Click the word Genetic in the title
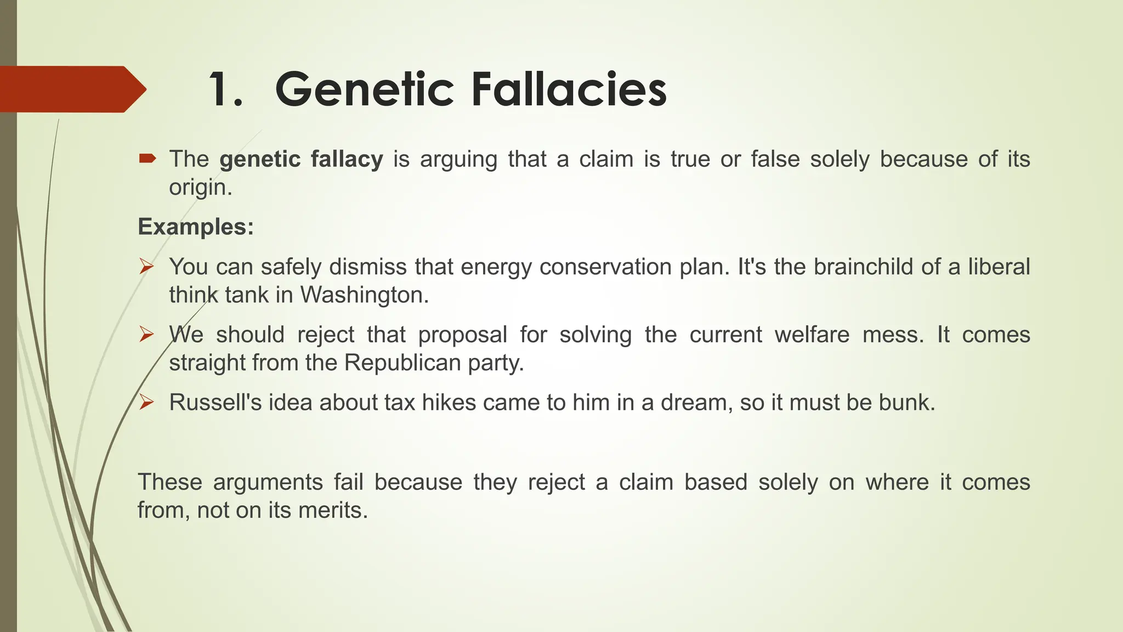point(364,89)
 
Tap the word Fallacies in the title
point(569,89)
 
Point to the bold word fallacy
point(347,159)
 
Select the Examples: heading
point(196,227)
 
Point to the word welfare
point(812,335)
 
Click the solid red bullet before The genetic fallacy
point(148,159)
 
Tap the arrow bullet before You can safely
point(146,267)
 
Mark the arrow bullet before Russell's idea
point(146,403)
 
